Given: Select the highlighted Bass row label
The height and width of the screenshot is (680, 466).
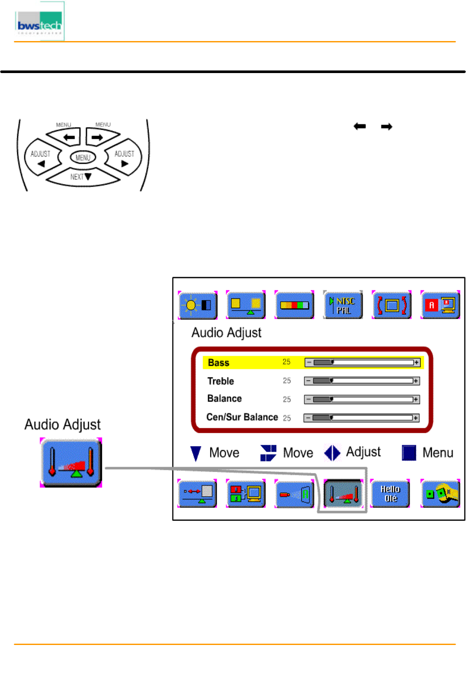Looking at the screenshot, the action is tap(219, 363).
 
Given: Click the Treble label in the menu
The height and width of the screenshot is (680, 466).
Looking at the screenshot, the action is tap(220, 381).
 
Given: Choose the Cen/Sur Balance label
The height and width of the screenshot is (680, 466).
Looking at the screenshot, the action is tap(242, 417).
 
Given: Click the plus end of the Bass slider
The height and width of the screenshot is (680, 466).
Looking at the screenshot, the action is tap(416, 362).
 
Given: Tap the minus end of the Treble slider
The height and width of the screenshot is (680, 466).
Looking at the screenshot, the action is tap(308, 381).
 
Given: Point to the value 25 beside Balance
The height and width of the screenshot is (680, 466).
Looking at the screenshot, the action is tap(287, 399).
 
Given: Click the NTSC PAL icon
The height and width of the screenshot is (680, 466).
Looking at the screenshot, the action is tap(343, 305).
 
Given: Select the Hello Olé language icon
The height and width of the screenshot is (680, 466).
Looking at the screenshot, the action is tap(390, 493).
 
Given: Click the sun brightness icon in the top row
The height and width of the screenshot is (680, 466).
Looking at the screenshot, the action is tap(198, 305).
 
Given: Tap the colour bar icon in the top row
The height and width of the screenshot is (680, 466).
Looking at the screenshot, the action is tap(294, 305).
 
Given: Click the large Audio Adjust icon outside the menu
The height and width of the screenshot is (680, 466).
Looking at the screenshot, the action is tap(71, 462).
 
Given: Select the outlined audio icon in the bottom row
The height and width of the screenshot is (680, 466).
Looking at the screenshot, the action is tap(343, 493).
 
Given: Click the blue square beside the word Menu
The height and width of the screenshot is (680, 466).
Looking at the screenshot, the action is tap(409, 453).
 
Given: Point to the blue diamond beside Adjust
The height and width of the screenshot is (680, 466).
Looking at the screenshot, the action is tap(332, 453).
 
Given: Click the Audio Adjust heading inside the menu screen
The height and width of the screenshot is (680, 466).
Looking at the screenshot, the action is tap(227, 332).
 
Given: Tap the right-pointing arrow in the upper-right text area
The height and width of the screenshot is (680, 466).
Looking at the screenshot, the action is tap(386, 127).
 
